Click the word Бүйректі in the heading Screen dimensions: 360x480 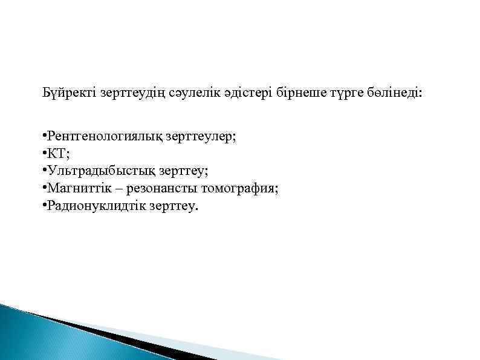66,94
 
